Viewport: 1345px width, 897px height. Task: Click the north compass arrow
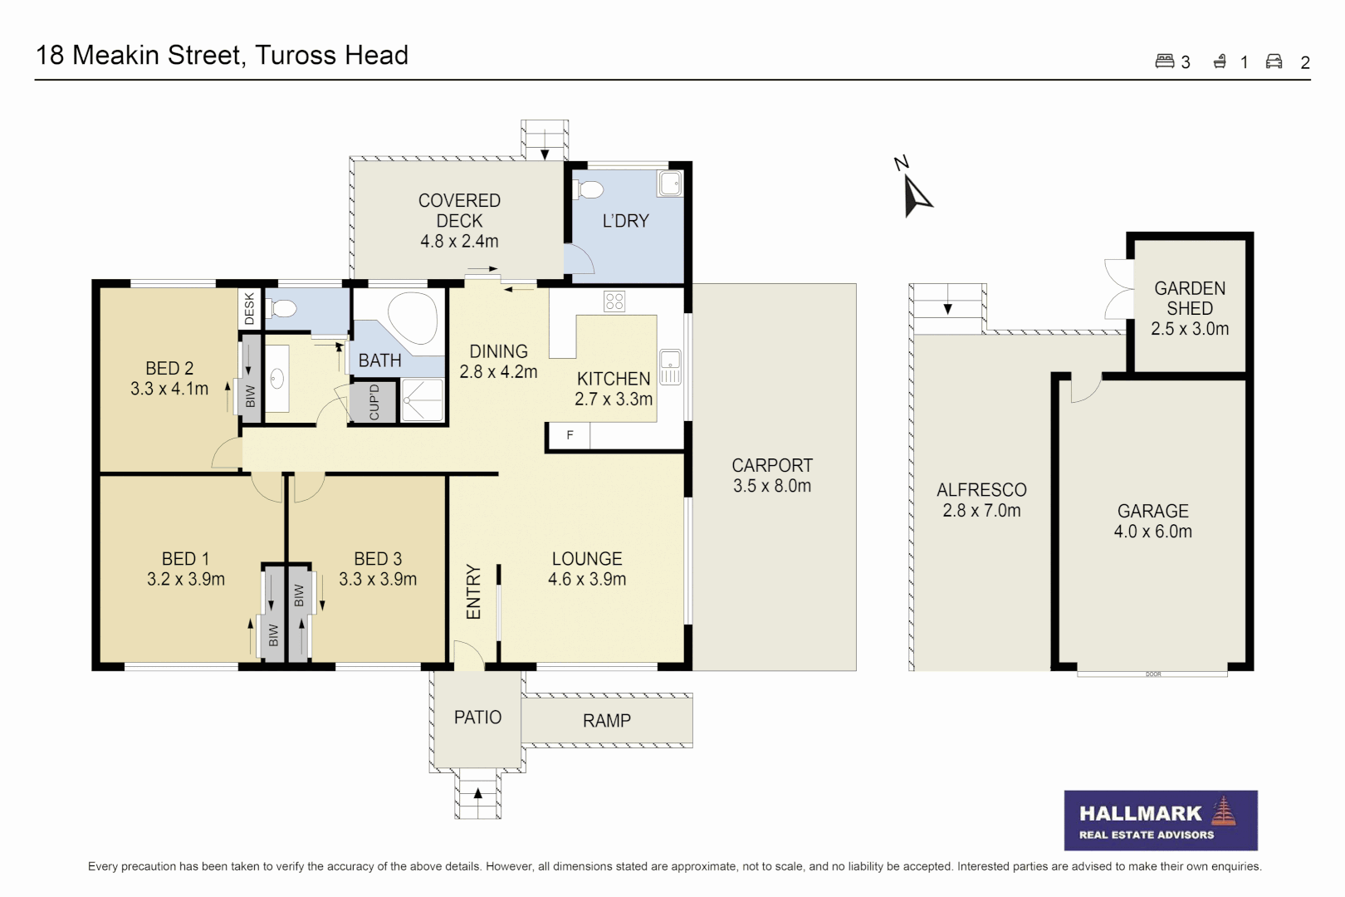916,196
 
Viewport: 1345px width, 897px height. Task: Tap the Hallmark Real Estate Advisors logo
1160,820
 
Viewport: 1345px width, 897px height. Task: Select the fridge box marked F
569,435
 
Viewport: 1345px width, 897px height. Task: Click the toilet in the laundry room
589,189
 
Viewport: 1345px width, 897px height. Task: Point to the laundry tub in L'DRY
669,183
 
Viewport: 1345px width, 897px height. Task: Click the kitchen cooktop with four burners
614,301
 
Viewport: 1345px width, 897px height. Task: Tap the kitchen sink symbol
670,367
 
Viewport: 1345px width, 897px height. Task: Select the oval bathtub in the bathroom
413,317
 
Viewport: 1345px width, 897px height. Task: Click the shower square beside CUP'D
423,400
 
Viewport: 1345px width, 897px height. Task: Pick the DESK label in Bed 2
250,308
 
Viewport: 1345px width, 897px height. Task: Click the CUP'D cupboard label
374,402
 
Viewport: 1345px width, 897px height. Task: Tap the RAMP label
606,721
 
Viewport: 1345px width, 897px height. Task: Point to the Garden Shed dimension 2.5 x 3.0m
1189,329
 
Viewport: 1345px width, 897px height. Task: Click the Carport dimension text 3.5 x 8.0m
771,486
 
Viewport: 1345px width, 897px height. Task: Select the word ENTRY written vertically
473,591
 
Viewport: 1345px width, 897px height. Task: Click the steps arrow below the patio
477,793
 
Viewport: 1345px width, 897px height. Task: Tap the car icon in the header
1274,61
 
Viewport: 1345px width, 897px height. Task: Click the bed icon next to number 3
1164,61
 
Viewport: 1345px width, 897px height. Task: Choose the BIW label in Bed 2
250,396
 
